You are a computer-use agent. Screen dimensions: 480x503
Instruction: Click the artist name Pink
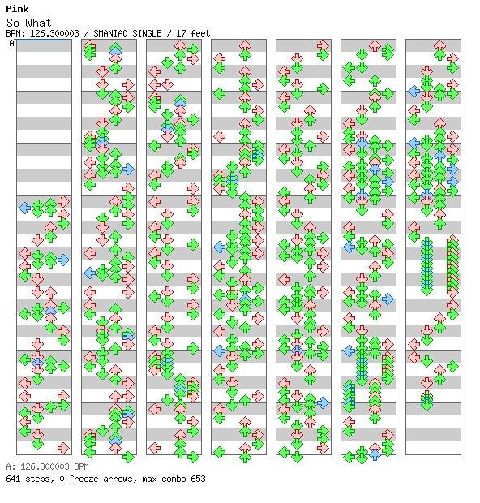click(x=17, y=9)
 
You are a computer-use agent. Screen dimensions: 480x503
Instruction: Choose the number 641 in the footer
click(x=13, y=479)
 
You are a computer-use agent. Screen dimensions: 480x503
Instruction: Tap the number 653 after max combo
click(x=198, y=479)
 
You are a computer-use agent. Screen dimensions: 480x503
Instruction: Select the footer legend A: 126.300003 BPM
click(x=47, y=466)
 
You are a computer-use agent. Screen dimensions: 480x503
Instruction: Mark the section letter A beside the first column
click(x=12, y=43)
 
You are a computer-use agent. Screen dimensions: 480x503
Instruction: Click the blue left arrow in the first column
click(x=25, y=208)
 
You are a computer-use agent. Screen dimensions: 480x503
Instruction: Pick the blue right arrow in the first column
click(x=63, y=260)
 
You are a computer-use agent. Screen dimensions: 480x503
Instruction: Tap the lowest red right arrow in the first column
click(x=63, y=448)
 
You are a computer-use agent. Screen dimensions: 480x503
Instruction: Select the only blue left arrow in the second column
click(x=90, y=273)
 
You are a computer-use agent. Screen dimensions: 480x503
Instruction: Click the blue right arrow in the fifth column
click(x=323, y=402)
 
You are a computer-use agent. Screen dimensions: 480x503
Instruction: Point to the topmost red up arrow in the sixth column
click(x=375, y=45)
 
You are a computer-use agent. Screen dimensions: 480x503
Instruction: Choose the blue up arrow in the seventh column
click(x=440, y=156)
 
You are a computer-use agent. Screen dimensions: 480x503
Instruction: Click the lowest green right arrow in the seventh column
click(x=452, y=366)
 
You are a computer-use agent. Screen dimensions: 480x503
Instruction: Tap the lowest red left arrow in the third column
click(x=155, y=448)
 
